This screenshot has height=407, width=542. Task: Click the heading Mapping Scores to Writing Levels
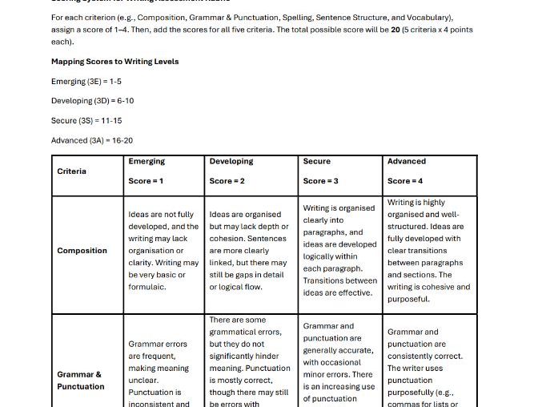click(x=114, y=62)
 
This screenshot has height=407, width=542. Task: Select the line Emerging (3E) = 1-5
click(x=86, y=82)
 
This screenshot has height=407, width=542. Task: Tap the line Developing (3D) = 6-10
click(x=92, y=101)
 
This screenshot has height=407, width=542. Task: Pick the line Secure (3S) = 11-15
click(x=86, y=121)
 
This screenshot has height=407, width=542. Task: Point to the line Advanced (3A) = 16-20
click(x=92, y=140)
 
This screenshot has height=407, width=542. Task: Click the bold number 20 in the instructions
click(x=395, y=29)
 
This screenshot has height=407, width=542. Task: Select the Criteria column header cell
click(x=72, y=171)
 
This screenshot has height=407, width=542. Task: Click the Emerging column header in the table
click(x=147, y=161)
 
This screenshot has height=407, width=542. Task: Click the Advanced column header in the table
click(x=407, y=161)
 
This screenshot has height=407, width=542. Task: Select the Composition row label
click(x=82, y=251)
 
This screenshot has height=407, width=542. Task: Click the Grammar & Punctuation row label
click(x=81, y=381)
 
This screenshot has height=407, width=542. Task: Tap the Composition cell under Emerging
click(x=163, y=251)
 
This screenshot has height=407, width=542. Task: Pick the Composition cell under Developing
click(x=249, y=251)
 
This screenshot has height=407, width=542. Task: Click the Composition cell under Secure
click(x=339, y=250)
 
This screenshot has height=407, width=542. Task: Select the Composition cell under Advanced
click(x=429, y=251)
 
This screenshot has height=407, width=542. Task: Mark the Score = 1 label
click(x=146, y=181)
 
